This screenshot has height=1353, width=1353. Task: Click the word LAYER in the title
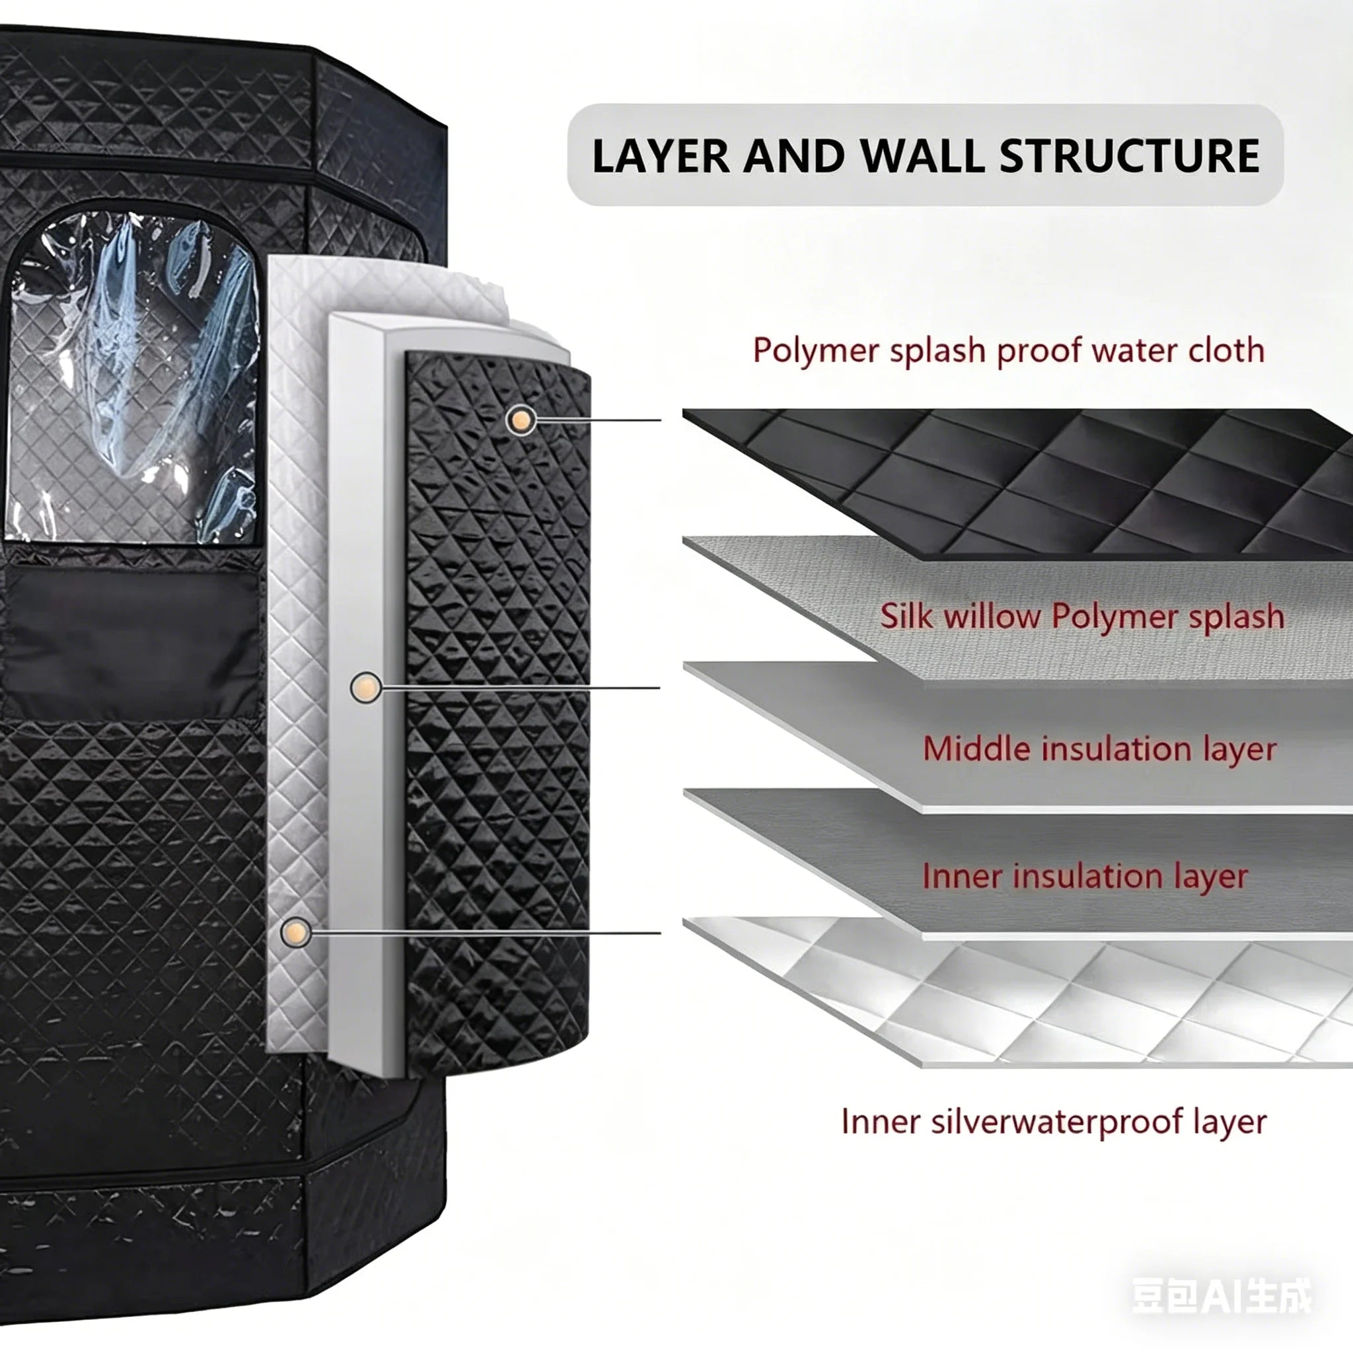click(x=661, y=155)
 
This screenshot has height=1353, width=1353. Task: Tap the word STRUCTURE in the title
click(x=1130, y=155)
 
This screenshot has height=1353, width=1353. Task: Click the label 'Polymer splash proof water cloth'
click(x=1008, y=351)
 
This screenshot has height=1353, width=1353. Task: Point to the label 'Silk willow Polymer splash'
click(x=1083, y=617)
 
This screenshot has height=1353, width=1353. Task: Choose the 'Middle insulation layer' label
click(x=1099, y=749)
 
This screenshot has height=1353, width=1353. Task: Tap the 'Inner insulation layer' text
click(x=1085, y=876)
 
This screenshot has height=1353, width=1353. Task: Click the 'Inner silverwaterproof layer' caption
click(x=1054, y=1121)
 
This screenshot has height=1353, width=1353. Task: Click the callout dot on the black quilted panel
click(x=521, y=420)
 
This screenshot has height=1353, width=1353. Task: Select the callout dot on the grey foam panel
click(x=365, y=687)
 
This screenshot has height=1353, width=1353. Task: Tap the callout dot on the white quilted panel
click(x=295, y=932)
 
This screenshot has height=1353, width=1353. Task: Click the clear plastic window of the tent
click(x=131, y=378)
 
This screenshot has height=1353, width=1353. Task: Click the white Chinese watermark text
click(x=1222, y=1296)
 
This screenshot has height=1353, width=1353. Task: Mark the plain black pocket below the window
click(x=131, y=641)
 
